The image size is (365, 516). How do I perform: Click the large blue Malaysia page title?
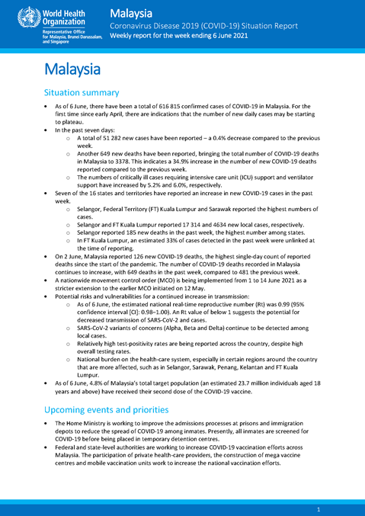pos(72,69)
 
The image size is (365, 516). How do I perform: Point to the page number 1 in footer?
pos(318,508)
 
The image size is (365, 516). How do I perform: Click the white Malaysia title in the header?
pos(130,12)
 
